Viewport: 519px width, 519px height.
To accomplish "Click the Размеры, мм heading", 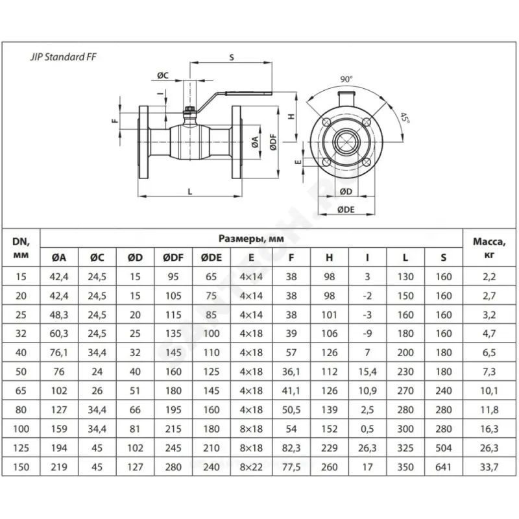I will [251, 237].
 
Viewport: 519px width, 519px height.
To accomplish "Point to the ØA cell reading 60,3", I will [57, 333].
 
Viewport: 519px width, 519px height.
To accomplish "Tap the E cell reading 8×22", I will [250, 465].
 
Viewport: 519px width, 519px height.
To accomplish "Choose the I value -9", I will [367, 333].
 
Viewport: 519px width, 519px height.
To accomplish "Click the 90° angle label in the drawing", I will [346, 79].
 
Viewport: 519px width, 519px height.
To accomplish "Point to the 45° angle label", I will [405, 118].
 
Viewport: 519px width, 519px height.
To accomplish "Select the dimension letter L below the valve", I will [189, 191].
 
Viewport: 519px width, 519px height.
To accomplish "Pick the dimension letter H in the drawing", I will [291, 117].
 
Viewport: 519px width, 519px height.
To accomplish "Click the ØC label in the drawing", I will [162, 76].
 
